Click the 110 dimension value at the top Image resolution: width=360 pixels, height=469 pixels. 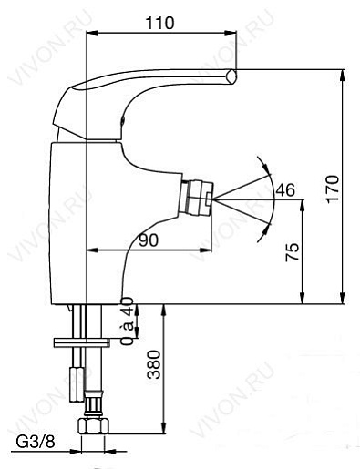159,23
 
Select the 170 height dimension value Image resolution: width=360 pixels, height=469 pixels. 332,189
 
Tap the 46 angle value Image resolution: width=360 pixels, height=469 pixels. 285,190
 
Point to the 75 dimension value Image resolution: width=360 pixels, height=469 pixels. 293,252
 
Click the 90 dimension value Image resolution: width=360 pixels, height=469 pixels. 149,240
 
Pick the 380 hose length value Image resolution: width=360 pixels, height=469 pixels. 153,364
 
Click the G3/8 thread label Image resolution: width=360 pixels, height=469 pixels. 36,442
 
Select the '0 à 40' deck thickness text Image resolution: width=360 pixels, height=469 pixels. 127,321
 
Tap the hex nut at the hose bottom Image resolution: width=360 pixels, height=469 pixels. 93,426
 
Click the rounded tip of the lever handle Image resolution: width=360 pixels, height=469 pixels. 231,76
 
